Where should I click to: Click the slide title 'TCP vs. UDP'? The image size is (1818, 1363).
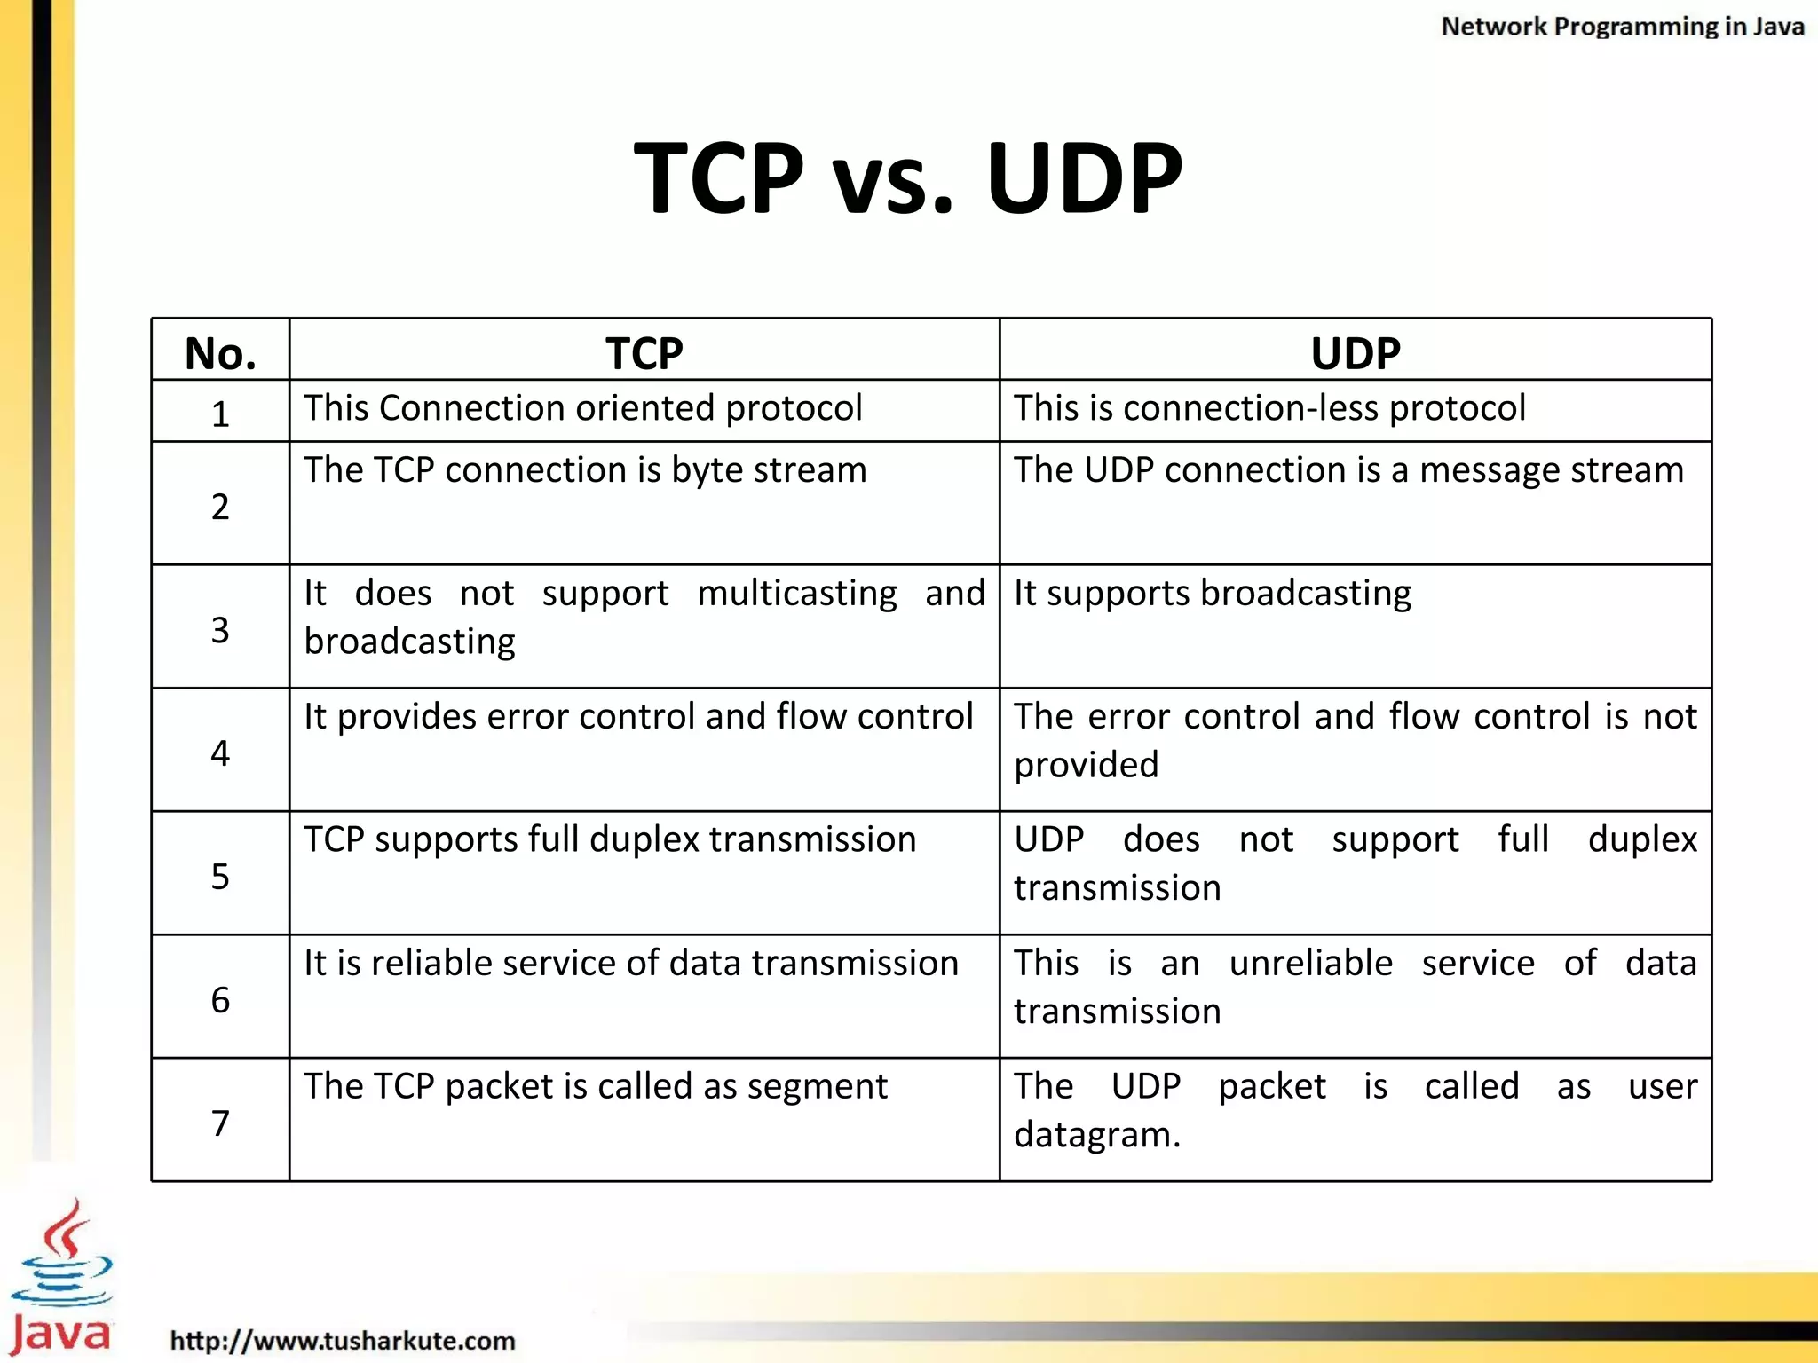(908, 177)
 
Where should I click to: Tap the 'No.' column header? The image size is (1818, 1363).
(220, 353)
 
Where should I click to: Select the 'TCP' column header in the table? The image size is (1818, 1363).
(644, 353)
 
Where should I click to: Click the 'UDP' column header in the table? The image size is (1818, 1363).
(1356, 353)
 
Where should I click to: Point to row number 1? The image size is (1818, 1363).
(220, 414)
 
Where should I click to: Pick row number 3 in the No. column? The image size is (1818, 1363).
(220, 630)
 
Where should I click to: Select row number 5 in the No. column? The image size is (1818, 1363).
(220, 877)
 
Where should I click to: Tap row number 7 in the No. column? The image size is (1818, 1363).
(220, 1123)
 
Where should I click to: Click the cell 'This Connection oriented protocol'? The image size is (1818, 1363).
(583, 408)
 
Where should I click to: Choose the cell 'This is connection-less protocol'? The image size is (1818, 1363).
(1269, 408)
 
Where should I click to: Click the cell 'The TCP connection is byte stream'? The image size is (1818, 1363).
(585, 469)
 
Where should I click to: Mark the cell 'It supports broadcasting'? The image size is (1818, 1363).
(1213, 593)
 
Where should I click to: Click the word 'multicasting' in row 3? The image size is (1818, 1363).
(796, 593)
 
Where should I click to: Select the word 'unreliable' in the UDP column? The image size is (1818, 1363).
(1310, 963)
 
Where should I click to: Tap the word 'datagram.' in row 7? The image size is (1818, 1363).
(1097, 1135)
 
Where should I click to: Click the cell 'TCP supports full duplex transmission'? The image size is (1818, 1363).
(610, 839)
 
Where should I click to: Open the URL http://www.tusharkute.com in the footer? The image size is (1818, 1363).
(343, 1340)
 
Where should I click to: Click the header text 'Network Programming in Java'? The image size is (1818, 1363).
(1622, 27)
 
